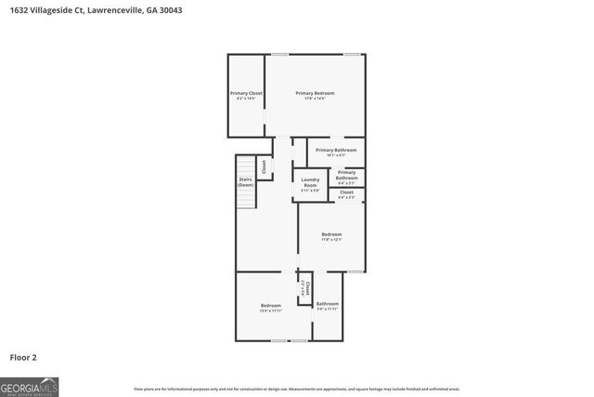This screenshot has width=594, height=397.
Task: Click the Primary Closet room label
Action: (247, 93)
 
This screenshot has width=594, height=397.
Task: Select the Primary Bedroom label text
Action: (315, 93)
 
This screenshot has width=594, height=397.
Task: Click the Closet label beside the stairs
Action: (264, 167)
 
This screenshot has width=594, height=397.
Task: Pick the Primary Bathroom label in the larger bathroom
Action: (335, 150)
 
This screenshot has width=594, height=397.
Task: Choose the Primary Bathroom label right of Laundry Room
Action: (346, 175)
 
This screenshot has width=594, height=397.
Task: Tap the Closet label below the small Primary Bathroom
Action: (346, 192)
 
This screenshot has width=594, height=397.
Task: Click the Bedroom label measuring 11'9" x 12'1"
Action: (331, 234)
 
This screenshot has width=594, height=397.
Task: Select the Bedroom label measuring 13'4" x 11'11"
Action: (270, 306)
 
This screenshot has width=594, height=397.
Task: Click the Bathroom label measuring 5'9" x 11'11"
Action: (327, 304)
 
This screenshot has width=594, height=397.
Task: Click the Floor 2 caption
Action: (23, 357)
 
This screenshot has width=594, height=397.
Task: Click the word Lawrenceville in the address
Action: (113, 10)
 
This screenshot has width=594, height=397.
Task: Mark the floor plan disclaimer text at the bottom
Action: (296, 389)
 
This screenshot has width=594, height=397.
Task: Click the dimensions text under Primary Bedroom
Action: (315, 99)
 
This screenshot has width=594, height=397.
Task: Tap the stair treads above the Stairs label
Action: (245, 165)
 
